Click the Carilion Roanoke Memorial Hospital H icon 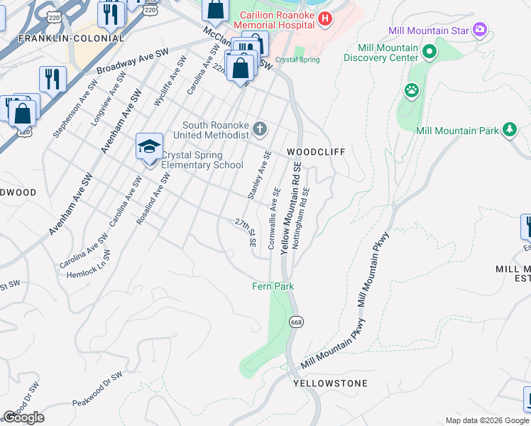tap(325, 19)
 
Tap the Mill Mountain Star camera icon tap(480, 30)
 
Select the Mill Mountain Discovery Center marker tap(429, 52)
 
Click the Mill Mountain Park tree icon tap(509, 129)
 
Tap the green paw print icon tap(411, 90)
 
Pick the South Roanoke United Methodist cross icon tap(261, 129)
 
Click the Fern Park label tap(273, 286)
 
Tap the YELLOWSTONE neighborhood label tap(331, 383)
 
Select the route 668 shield tap(295, 322)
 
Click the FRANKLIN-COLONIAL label tap(58, 38)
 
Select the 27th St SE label tap(246, 232)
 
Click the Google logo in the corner tap(23, 417)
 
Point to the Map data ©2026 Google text tap(487, 420)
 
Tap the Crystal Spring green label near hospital tap(297, 60)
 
